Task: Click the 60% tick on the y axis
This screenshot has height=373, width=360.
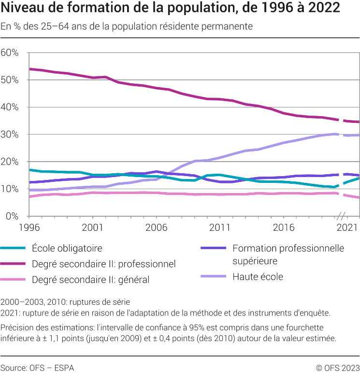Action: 9,53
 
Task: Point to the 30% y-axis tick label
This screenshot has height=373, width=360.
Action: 9,134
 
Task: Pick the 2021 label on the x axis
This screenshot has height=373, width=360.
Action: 347,226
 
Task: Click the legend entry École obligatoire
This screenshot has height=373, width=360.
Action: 67,248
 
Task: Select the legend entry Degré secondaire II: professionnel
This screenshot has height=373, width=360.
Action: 103,264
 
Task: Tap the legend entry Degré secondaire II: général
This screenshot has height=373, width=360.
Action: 90,280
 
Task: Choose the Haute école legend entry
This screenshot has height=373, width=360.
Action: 257,277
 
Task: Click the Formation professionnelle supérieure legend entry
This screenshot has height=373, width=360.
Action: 288,254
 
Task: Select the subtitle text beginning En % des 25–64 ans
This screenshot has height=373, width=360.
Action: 127,27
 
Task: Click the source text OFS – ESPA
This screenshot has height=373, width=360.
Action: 37,368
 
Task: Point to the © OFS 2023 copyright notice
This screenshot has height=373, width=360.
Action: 338,368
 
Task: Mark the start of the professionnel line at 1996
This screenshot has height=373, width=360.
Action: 30,69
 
